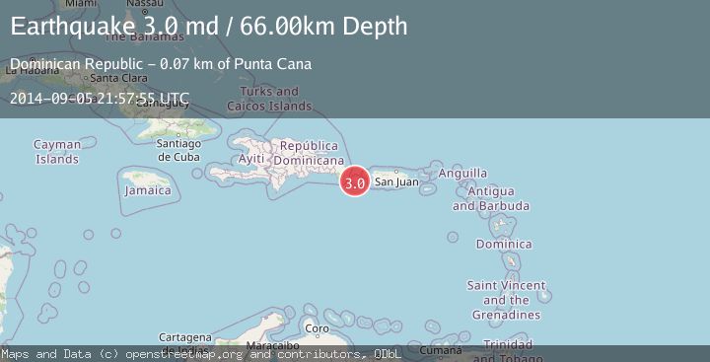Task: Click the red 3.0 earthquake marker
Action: click(355, 181)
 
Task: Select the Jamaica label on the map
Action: click(147, 190)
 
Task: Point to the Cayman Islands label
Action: click(57, 151)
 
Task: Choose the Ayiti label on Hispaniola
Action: click(251, 159)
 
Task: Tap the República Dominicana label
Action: click(309, 153)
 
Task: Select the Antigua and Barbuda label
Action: click(491, 198)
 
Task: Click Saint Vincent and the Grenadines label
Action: click(506, 300)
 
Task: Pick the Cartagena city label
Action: click(184, 337)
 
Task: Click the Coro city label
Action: click(317, 328)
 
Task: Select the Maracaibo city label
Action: click(271, 346)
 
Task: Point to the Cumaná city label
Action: click(440, 349)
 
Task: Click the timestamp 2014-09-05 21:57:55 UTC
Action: click(100, 98)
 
